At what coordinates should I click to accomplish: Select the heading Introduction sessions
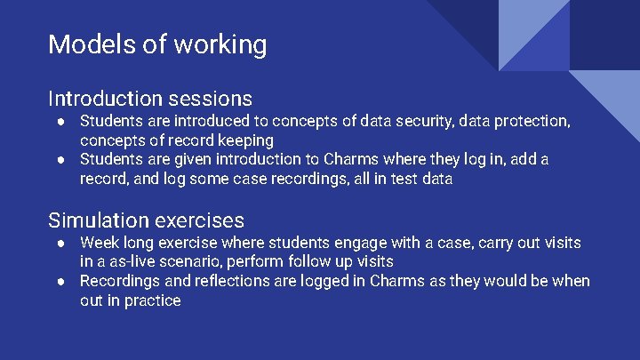(x=150, y=98)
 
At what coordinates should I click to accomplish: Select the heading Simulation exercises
(x=146, y=220)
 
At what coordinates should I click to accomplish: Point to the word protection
(x=527, y=120)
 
